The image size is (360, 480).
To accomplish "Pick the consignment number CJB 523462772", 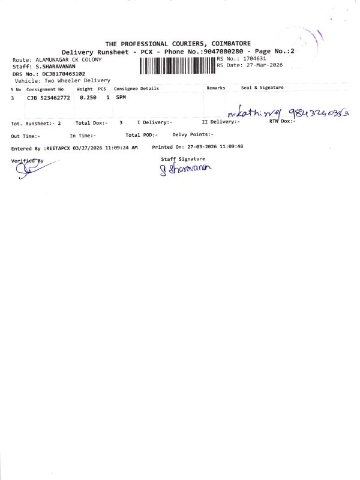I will (x=49, y=97).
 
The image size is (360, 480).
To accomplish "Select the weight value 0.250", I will (x=88, y=97).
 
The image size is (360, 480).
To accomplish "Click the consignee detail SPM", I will (x=121, y=97).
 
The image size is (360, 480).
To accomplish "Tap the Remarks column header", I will (x=216, y=88).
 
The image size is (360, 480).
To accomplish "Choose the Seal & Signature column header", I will (x=262, y=88).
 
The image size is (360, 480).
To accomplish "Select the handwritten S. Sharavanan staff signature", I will (x=186, y=170).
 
